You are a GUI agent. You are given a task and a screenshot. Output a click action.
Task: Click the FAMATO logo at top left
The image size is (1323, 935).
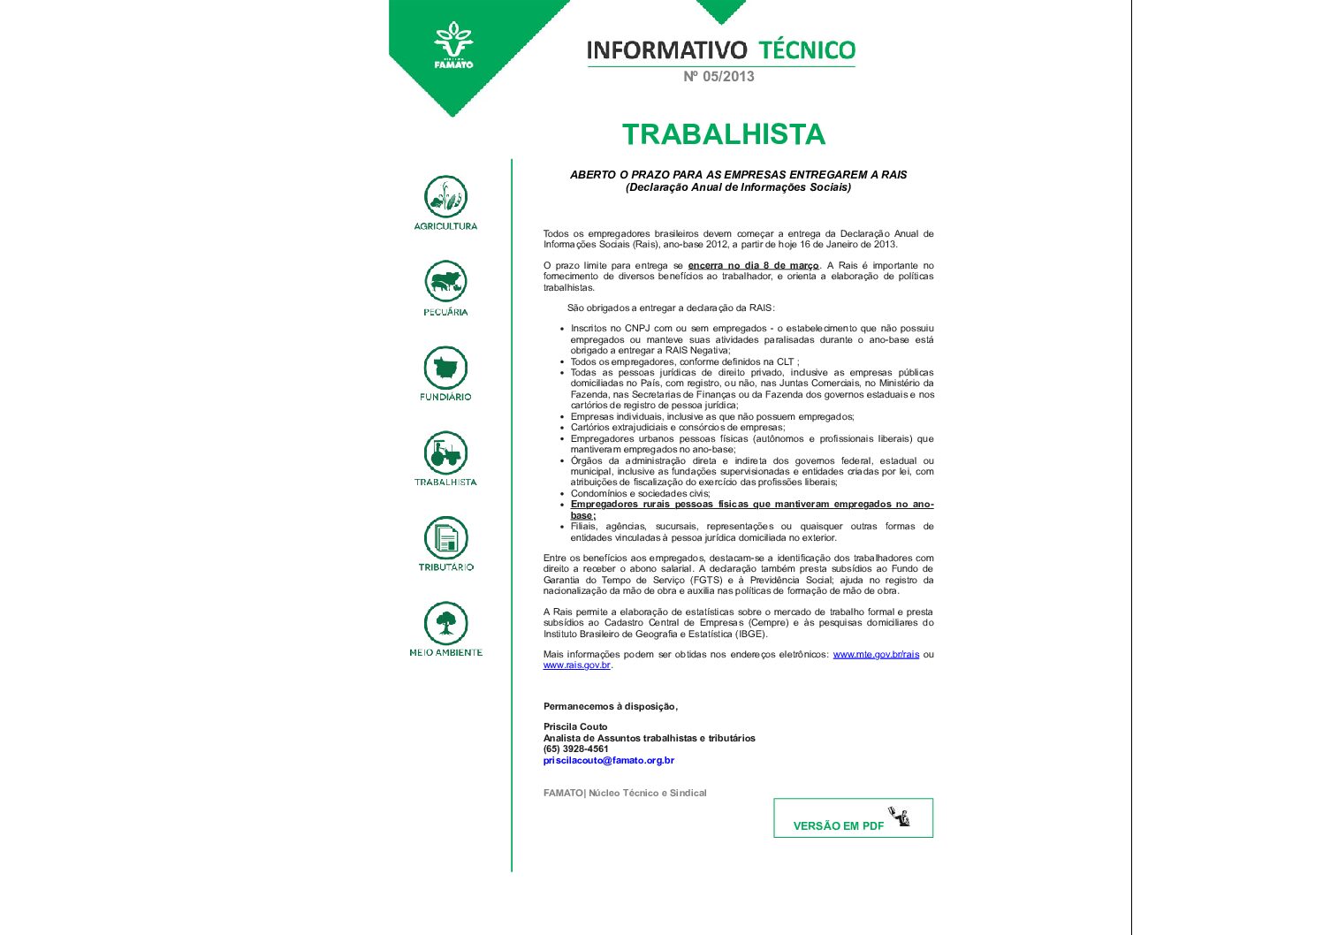tap(453, 45)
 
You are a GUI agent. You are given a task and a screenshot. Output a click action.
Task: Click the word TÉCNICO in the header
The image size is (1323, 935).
tap(807, 50)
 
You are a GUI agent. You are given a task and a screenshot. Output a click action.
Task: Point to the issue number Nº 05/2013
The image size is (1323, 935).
tap(719, 77)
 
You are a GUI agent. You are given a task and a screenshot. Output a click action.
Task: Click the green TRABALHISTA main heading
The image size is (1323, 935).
tap(723, 134)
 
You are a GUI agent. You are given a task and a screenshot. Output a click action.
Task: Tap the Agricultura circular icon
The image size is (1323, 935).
tap(445, 197)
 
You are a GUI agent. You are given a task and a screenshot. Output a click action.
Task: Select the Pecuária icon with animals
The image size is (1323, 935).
tap(445, 282)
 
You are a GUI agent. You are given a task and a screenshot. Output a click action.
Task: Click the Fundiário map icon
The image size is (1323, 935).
tap(445, 367)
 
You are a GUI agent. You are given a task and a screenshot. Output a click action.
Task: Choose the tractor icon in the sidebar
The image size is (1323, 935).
tap(445, 452)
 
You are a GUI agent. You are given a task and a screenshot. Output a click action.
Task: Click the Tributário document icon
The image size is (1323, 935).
tap(445, 538)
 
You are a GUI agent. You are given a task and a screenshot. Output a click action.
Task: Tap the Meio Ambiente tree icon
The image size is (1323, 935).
tap(445, 623)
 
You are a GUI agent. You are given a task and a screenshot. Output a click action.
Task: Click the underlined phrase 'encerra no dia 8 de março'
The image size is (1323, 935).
tap(753, 266)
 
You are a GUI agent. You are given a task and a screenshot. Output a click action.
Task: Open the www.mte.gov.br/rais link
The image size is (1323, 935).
tap(876, 655)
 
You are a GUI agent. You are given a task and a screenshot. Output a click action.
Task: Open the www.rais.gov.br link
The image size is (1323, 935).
tap(576, 665)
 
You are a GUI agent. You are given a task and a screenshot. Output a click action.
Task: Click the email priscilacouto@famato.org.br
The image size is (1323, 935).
tap(609, 761)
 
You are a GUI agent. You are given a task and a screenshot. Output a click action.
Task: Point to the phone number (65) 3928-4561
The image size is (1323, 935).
tap(576, 749)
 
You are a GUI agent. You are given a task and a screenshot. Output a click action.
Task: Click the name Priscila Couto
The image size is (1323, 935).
tap(575, 727)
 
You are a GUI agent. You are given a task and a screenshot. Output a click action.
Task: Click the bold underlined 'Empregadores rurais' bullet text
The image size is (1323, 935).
tap(751, 505)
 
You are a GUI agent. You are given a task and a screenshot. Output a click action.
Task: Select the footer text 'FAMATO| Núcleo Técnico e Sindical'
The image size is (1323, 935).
tap(625, 794)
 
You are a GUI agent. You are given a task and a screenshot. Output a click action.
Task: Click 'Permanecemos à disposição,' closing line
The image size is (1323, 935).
tap(610, 707)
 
